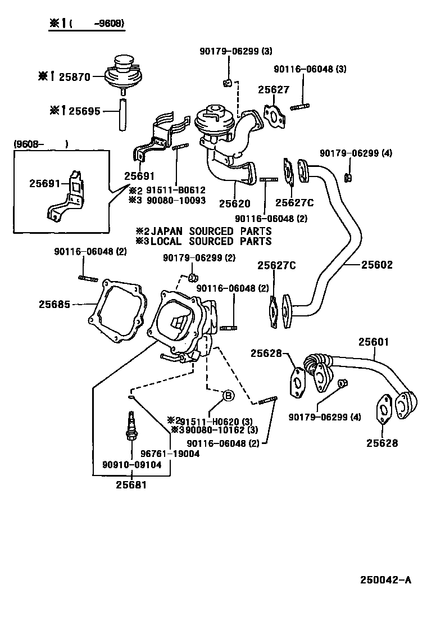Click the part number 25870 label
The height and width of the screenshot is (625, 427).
click(71, 77)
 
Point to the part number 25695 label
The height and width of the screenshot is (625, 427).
click(81, 111)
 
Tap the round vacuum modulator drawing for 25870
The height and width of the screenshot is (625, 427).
click(122, 73)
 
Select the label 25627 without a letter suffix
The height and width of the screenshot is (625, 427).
click(274, 90)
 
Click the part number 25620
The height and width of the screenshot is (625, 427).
click(234, 203)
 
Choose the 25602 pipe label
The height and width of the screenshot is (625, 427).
click(377, 265)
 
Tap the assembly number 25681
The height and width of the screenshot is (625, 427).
click(131, 484)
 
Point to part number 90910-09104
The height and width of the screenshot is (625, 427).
click(131, 465)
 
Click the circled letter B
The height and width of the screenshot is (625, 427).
click(228, 396)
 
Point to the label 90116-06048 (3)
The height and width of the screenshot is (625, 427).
click(310, 69)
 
